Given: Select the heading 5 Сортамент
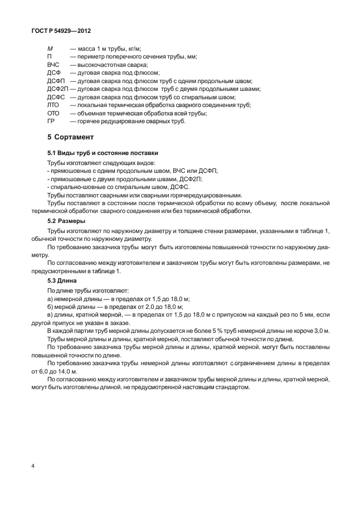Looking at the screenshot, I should [70, 137].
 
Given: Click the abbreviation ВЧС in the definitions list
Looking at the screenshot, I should [53, 65].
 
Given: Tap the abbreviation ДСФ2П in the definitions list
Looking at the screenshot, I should [57, 89].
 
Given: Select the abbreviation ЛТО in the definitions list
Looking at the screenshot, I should [53, 105].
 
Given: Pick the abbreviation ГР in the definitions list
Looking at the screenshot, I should [51, 120].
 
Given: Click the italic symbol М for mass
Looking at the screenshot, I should [50, 49].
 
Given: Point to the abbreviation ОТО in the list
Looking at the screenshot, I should [53, 113].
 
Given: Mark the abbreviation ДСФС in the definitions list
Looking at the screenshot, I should [56, 97].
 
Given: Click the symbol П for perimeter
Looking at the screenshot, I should [50, 57].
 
